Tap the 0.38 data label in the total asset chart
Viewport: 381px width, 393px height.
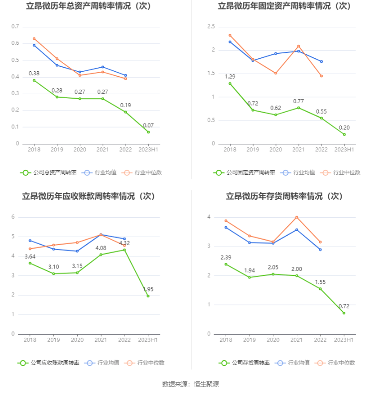pos(34,73)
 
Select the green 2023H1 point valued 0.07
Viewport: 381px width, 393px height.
pos(148,132)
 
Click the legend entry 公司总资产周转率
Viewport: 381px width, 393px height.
pos(49,172)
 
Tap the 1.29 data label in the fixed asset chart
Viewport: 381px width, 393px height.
pos(230,77)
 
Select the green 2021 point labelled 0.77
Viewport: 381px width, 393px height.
pos(298,108)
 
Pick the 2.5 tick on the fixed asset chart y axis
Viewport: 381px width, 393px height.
pos(211,26)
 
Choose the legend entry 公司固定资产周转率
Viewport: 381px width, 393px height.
pos(245,172)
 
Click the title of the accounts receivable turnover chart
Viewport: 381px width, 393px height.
pos(89,196)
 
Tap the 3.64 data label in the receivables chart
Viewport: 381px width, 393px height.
pos(30,256)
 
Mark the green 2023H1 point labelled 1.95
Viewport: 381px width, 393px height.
pos(148,296)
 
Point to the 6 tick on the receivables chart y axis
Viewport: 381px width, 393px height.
pos(14,217)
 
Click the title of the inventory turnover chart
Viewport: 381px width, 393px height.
pos(284,196)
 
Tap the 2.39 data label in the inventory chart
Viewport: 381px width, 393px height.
pos(226,257)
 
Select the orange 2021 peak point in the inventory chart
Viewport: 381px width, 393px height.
pos(297,217)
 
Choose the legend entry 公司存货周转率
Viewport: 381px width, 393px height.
pos(245,363)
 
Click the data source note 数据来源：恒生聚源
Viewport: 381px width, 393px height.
pos(190,384)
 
